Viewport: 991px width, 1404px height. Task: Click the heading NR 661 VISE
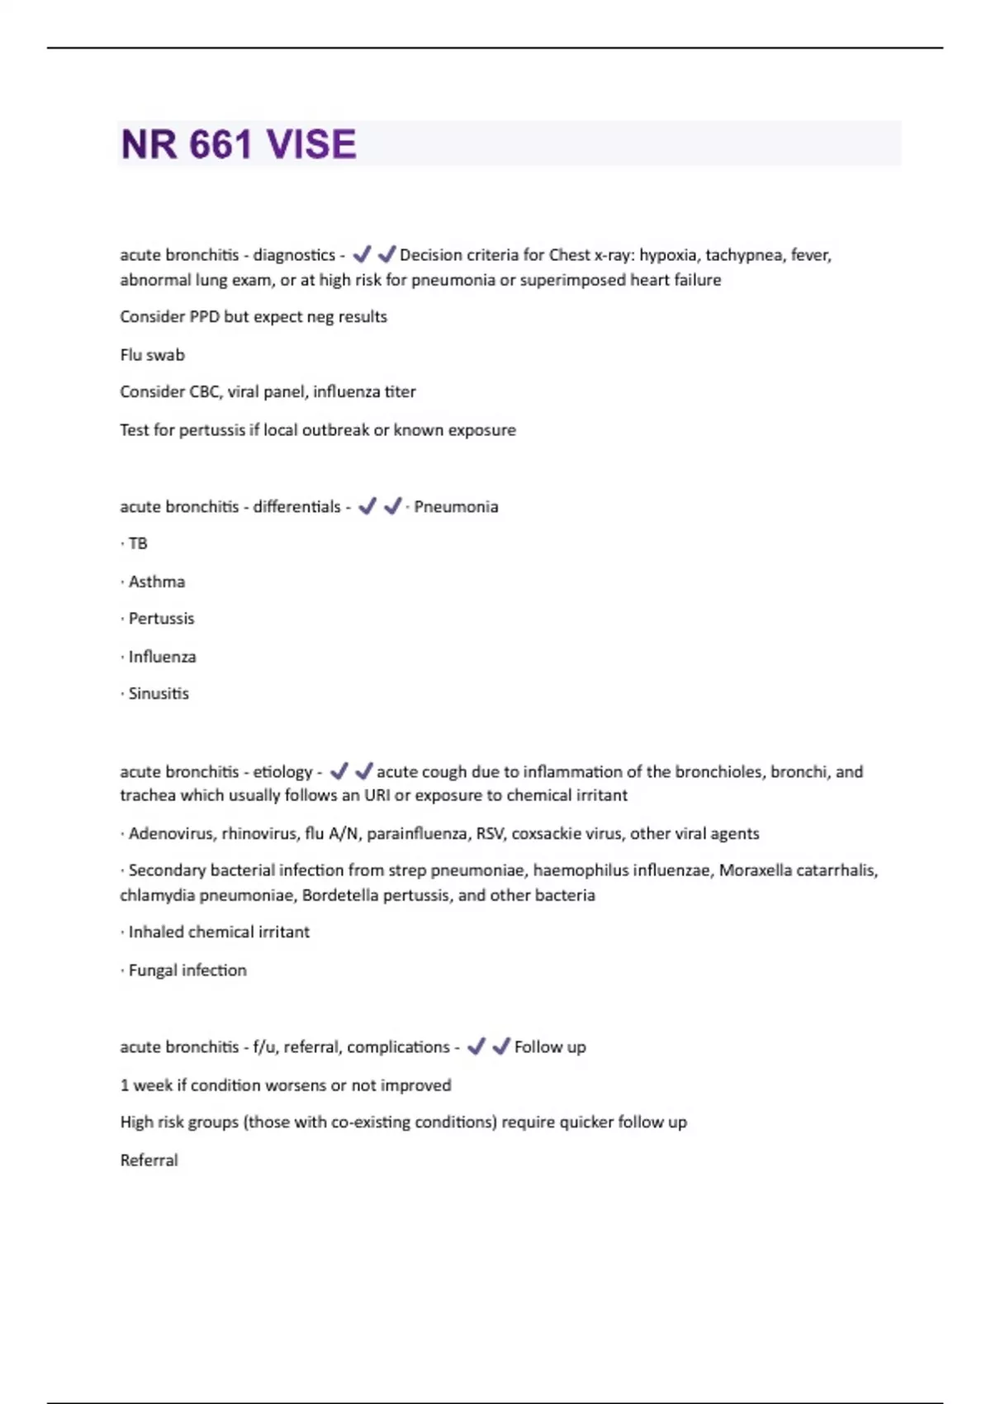(x=239, y=145)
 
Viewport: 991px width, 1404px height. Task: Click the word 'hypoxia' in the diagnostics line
(x=668, y=255)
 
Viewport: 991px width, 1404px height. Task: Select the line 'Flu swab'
(x=152, y=355)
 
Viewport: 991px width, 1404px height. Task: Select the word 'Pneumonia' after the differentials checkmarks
(x=456, y=507)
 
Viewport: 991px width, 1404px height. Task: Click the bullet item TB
(x=138, y=543)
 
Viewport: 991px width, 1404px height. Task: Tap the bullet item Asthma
(x=156, y=582)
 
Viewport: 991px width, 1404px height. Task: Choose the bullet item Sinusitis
(x=159, y=694)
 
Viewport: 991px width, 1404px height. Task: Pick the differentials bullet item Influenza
(x=162, y=657)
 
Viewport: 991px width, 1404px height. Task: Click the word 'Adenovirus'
(x=171, y=834)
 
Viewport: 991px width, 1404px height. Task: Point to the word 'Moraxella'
(x=755, y=870)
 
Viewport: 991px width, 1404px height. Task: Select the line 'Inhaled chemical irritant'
(x=219, y=932)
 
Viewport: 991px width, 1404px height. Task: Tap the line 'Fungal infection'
(x=187, y=970)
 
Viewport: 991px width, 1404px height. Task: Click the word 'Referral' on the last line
(x=149, y=1160)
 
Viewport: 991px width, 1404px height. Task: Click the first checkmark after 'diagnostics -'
(x=362, y=254)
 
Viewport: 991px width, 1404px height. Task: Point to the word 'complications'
(x=398, y=1047)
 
